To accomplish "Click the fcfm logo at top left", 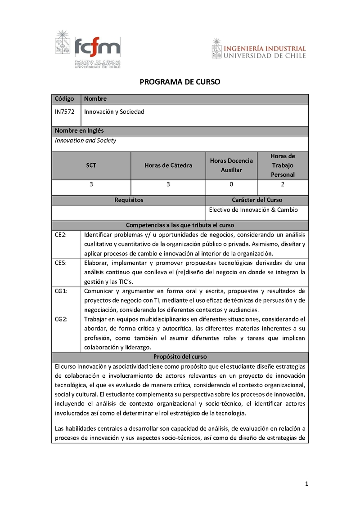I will click(x=88, y=49).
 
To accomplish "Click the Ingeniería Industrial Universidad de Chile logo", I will click(x=258, y=49).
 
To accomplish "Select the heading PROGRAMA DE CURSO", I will click(x=180, y=82).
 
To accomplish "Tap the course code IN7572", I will click(x=64, y=112).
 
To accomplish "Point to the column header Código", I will click(x=64, y=99).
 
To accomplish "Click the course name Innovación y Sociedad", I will click(x=114, y=112).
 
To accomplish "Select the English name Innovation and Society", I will click(x=85, y=140).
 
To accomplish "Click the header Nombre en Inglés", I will click(x=79, y=131).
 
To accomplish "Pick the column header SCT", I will click(x=91, y=165).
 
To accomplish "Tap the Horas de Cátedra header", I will click(x=168, y=165).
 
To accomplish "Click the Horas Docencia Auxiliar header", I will click(x=231, y=165).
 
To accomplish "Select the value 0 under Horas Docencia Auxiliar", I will click(x=231, y=184).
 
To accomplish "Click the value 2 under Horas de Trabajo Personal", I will click(x=283, y=184).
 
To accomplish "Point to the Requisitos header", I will click(x=129, y=200).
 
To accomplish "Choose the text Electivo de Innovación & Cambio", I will click(x=254, y=210).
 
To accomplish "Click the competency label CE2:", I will click(x=61, y=235).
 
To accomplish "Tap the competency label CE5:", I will click(x=61, y=263).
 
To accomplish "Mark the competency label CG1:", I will click(x=61, y=291).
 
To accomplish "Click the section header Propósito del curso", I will click(x=180, y=357).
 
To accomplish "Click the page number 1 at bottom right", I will click(x=306, y=484).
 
